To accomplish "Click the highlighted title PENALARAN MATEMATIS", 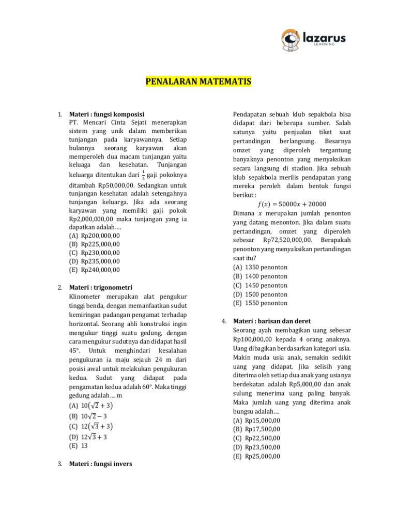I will (196, 82).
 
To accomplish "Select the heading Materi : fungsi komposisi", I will (106, 114).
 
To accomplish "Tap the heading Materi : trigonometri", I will (101, 287).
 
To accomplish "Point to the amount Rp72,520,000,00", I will (287, 240).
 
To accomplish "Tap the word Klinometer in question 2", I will (85, 297).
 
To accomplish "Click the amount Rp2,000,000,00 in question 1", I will (94, 219).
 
